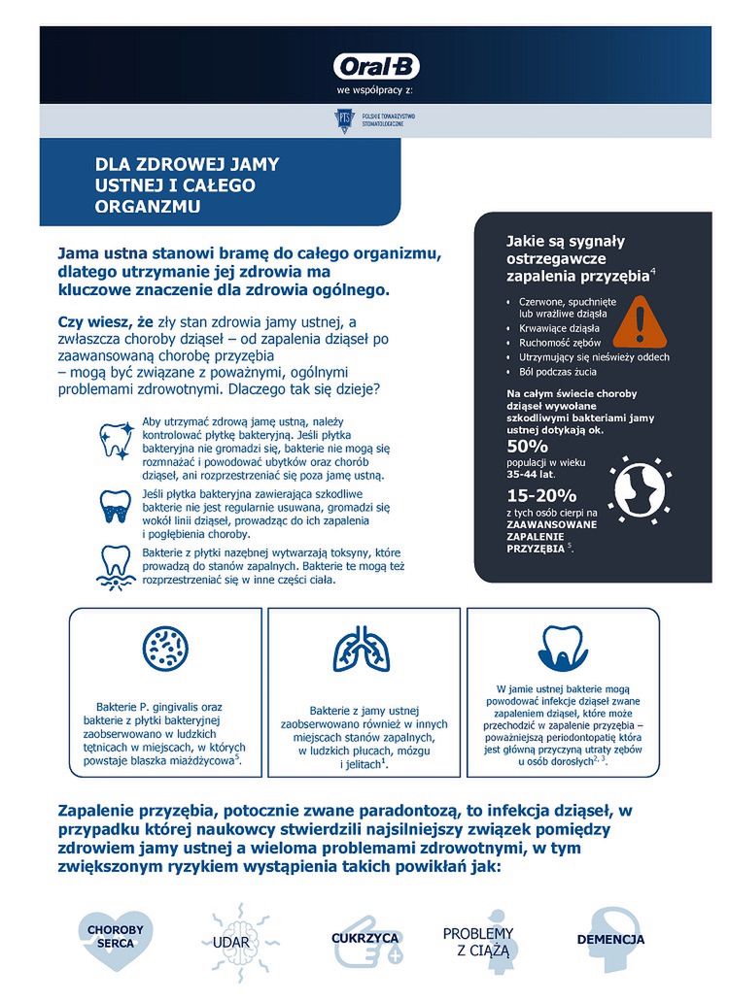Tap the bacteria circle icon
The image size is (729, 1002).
click(x=165, y=649)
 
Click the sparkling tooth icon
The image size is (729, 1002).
click(x=117, y=439)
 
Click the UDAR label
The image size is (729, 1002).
click(x=231, y=942)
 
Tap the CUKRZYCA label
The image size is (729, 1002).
click(x=364, y=939)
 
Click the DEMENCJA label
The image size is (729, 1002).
click(x=610, y=940)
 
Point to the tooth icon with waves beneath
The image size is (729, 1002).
click(x=116, y=566)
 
